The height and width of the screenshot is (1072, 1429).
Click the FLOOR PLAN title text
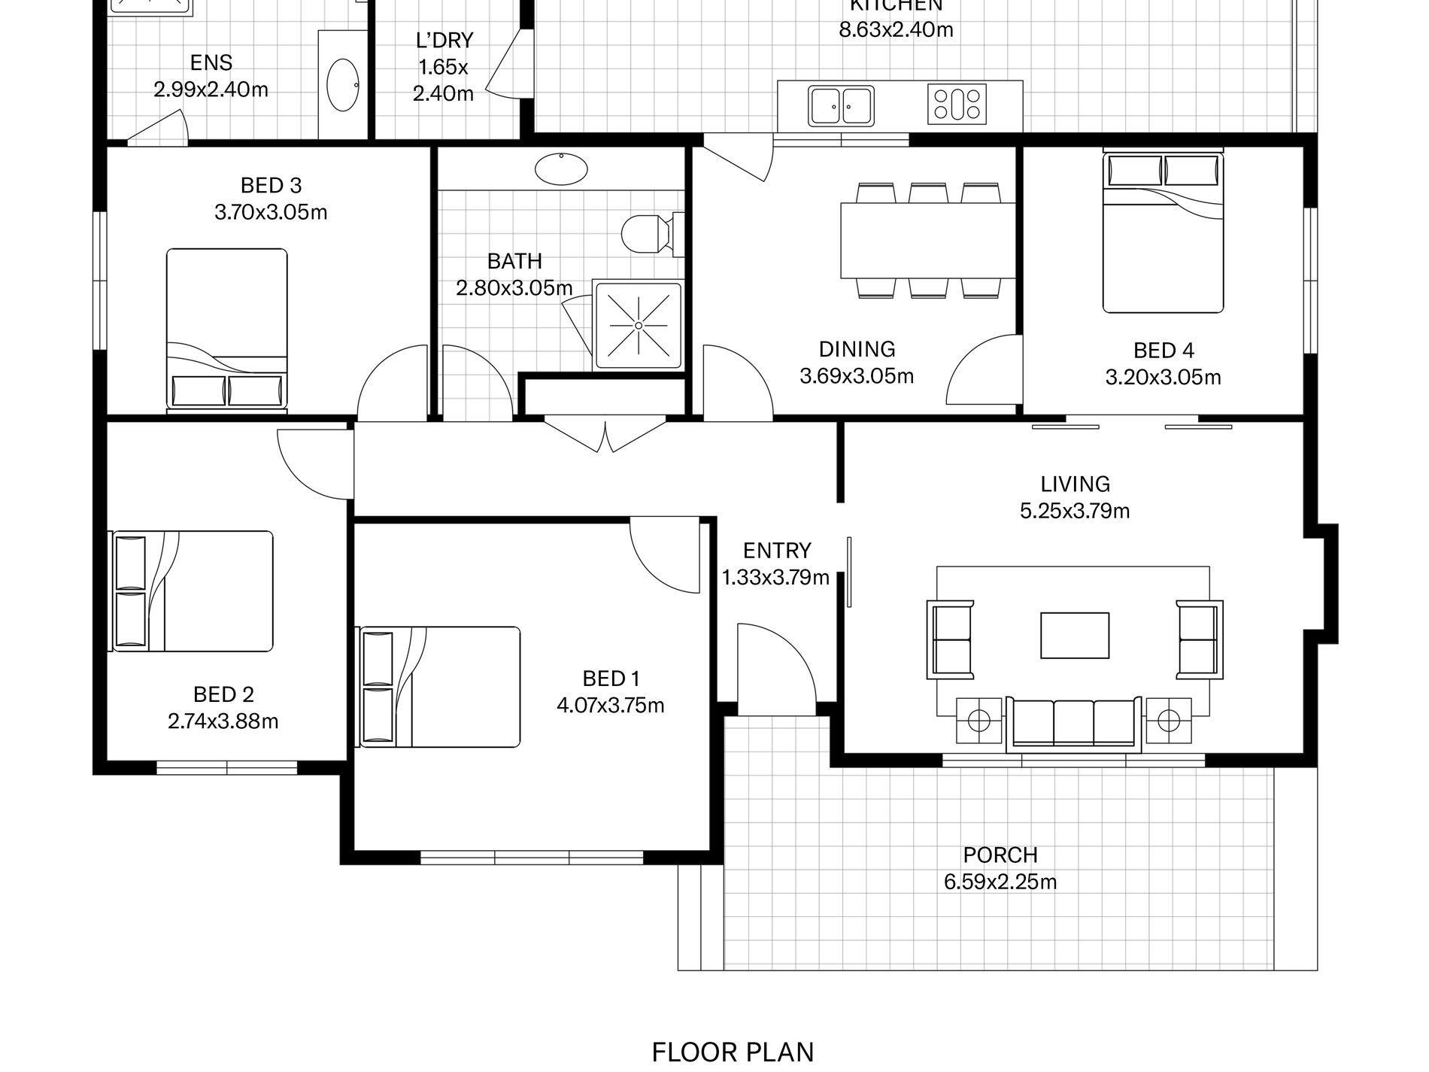[733, 1052]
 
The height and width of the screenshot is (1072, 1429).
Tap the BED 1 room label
[611, 679]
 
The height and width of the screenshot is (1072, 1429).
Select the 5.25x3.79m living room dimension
[1075, 512]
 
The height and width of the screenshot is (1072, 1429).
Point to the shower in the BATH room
[638, 326]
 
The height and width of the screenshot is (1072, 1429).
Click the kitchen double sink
[841, 106]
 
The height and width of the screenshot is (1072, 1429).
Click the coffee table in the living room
[1075, 636]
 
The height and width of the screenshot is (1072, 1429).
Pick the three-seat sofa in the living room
[1074, 724]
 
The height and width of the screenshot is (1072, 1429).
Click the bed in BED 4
[1163, 232]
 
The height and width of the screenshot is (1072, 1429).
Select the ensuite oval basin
[343, 84]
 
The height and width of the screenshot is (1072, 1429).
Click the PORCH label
[1000, 855]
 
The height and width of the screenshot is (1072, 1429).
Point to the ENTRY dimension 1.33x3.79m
[775, 578]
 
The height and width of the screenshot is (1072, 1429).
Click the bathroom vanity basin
[561, 168]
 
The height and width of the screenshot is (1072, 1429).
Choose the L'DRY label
[444, 40]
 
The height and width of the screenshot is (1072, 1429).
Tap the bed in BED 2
[193, 591]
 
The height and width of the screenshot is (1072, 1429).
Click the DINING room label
[857, 349]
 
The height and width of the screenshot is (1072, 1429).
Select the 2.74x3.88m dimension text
[223, 721]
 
